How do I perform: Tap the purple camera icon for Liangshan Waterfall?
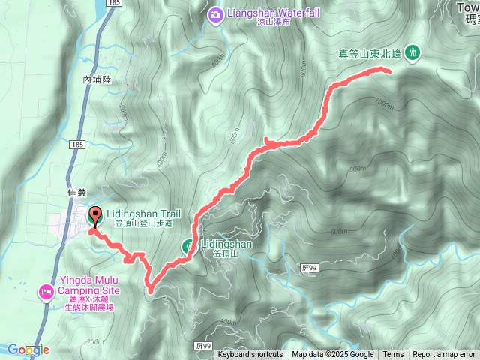tap(216, 13)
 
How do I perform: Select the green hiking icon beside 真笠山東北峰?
tap(412, 52)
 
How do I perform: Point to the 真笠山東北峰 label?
tap(370, 53)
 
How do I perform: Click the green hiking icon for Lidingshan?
tap(187, 245)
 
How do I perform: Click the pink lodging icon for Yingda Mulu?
tap(46, 290)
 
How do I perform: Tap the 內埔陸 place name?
tap(97, 78)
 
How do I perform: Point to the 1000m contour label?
tap(385, 104)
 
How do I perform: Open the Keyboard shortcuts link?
tap(250, 355)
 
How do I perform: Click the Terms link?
tap(393, 355)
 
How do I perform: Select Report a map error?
tap(444, 355)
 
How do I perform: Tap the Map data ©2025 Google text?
tap(332, 355)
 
